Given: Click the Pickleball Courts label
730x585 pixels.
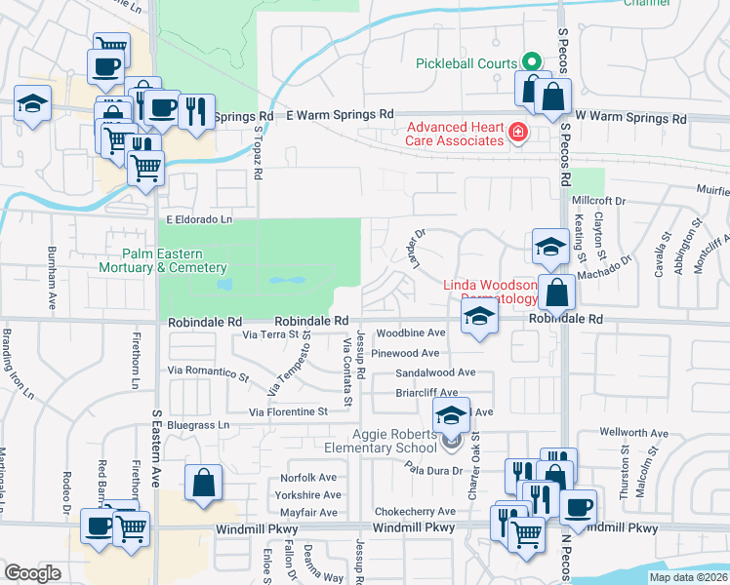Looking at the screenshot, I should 466,63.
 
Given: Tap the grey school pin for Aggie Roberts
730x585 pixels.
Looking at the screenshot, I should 451,442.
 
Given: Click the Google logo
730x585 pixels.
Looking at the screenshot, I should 32,573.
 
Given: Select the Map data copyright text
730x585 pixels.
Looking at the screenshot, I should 687,577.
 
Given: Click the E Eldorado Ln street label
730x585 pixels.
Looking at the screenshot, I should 199,220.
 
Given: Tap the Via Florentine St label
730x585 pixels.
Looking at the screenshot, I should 288,412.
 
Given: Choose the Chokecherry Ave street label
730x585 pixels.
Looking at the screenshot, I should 415,511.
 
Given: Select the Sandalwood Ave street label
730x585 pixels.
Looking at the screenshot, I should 435,372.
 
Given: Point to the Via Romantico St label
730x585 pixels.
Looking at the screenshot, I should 209,371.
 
